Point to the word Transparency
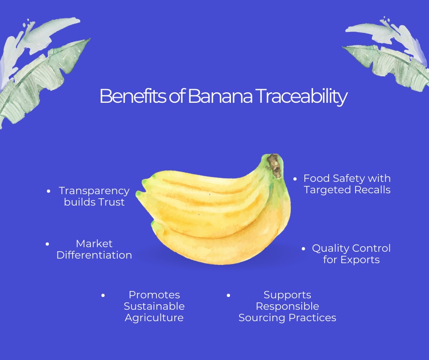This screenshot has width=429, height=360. tap(94, 191)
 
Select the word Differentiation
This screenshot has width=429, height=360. tap(94, 255)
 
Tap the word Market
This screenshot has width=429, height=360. tap(94, 244)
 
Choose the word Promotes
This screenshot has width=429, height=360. tap(154, 295)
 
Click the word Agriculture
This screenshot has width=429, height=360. tap(154, 318)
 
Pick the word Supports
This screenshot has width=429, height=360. tap(288, 295)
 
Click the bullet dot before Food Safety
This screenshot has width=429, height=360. tap(295, 179)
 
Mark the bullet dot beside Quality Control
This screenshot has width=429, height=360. tap(303, 249)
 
